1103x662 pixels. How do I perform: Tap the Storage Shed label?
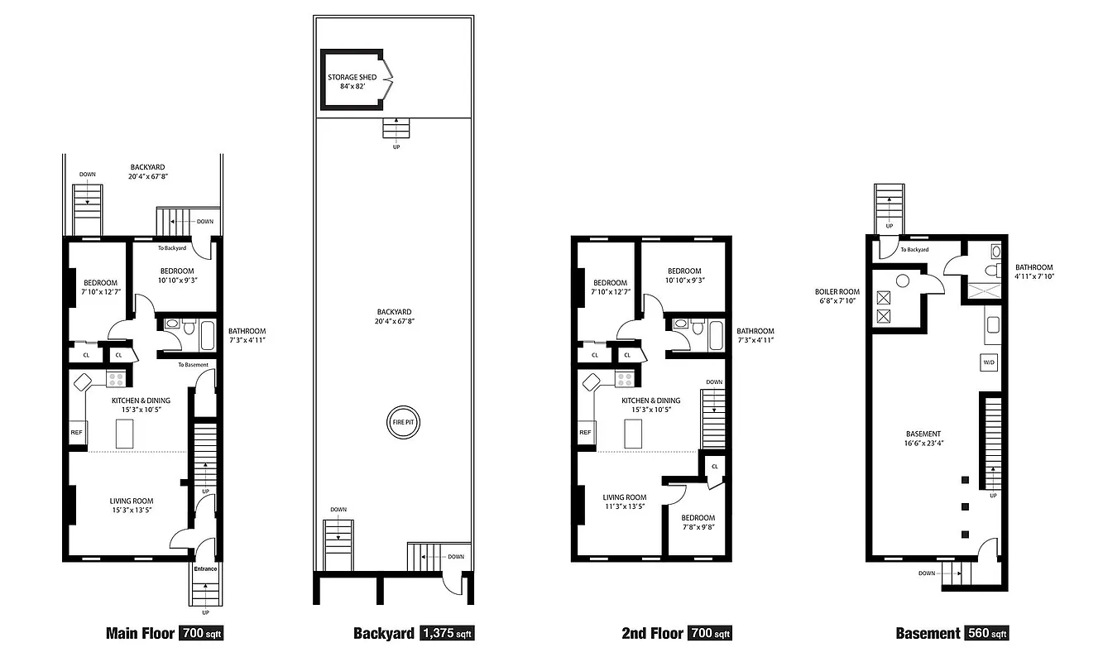coord(352,77)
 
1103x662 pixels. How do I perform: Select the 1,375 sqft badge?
coord(447,634)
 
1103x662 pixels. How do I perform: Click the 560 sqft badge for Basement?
coord(986,634)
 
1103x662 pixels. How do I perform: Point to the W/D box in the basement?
coord(988,362)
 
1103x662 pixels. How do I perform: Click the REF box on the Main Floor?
coord(77,432)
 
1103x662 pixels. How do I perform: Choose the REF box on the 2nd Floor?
coord(585,432)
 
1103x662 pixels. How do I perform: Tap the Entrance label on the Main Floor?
coord(205,568)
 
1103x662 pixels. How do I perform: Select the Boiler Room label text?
coord(838,291)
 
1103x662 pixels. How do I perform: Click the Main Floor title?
coord(141,634)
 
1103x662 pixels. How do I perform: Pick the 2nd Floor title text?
coord(652,634)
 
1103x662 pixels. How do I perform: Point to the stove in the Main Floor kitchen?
coord(117,380)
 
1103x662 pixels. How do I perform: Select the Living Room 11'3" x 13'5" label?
coord(624,502)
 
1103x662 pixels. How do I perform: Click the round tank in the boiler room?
coord(903,281)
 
